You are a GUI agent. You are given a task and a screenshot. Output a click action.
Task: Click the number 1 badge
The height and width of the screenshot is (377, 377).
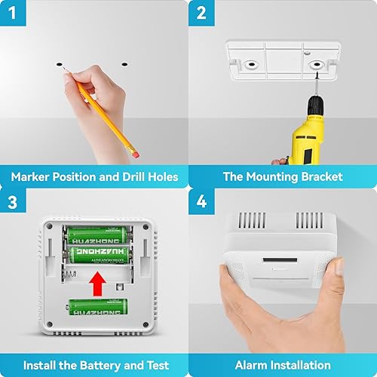pyautogui.click(x=14, y=14)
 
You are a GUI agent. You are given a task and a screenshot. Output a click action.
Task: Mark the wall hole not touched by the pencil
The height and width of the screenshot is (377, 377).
pyautogui.click(x=122, y=66)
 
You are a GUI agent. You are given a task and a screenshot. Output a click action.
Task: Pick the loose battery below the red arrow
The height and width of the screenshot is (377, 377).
pyautogui.click(x=98, y=307)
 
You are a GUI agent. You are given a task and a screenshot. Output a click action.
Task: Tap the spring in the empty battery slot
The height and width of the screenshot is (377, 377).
pyautogui.click(x=75, y=270)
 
